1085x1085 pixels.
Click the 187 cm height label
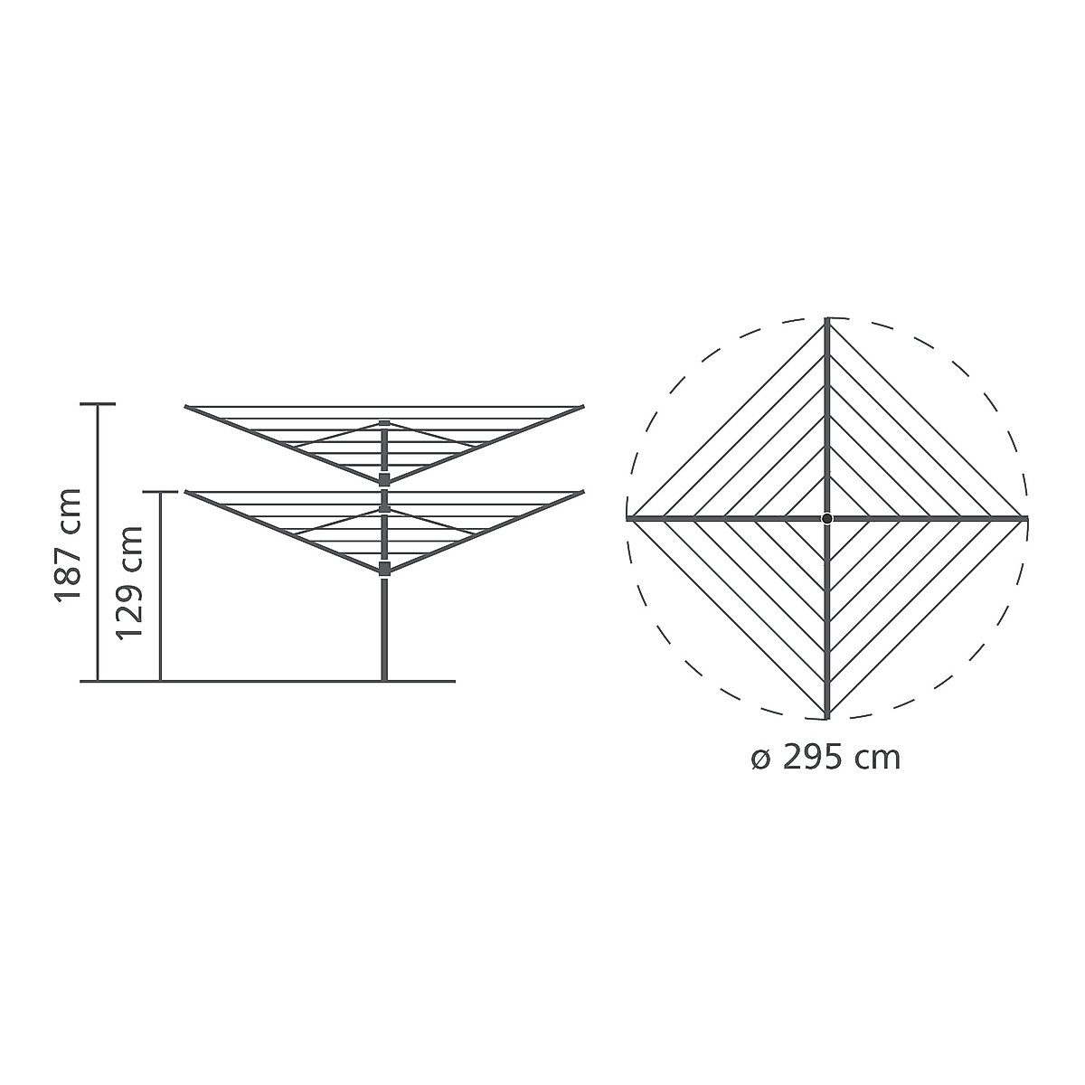click(69, 545)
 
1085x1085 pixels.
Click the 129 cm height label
click(131, 581)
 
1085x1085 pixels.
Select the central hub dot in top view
click(827, 518)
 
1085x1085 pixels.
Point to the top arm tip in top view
click(827, 320)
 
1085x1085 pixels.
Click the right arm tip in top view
click(1026, 518)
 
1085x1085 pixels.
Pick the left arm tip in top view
click(628, 518)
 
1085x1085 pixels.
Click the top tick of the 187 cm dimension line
click(99, 404)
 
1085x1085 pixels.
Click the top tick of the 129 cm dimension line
click(160, 493)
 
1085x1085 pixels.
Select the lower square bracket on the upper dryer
click(384, 478)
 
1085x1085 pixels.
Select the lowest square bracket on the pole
click(384, 568)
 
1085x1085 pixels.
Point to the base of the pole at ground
click(384, 679)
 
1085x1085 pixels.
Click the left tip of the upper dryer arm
click(187, 408)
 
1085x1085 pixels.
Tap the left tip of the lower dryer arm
click(187, 494)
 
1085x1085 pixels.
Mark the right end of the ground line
click(453, 681)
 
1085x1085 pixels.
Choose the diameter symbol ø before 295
click(761, 758)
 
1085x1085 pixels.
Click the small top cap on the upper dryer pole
click(384, 423)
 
